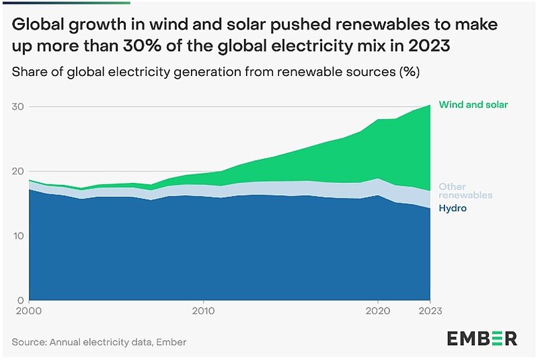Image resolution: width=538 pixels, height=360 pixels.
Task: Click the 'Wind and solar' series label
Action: tap(473, 105)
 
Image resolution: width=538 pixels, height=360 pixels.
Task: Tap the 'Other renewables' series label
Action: tap(465, 190)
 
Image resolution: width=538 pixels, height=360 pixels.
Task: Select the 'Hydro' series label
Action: tap(453, 209)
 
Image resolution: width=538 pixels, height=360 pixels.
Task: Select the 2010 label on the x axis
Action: tap(202, 312)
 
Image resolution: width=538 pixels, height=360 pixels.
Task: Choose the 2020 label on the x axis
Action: tap(378, 312)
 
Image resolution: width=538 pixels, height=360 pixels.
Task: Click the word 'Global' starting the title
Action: tap(36, 26)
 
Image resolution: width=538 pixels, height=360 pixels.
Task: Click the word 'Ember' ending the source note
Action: tap(171, 342)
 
